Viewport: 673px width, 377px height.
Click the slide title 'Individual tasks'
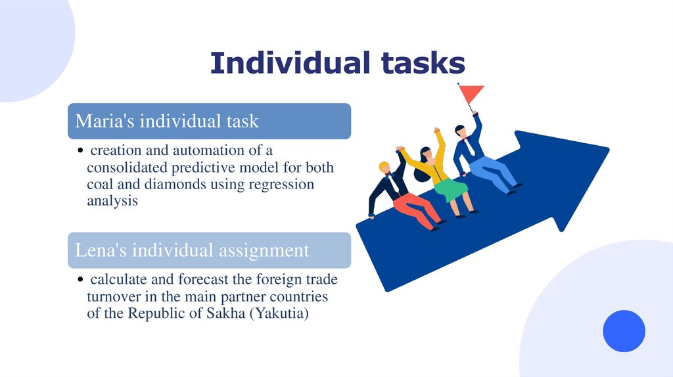coord(337,63)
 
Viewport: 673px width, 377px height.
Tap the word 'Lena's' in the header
coord(99,250)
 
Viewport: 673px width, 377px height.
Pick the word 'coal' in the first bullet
coord(100,185)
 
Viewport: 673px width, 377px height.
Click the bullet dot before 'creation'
coord(80,152)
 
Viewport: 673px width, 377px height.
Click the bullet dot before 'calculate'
coord(80,280)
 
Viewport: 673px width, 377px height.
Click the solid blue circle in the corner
coord(624,330)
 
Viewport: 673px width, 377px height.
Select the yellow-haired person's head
coord(384,167)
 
